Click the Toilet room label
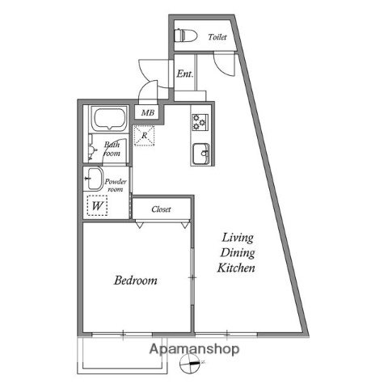pyautogui.click(x=216, y=37)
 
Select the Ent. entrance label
pyautogui.click(x=184, y=74)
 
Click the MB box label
pyautogui.click(x=147, y=112)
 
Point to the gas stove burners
pyautogui.click(x=200, y=123)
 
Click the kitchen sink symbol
pyautogui.click(x=200, y=151)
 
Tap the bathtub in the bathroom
pyautogui.click(x=108, y=120)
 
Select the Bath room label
pyautogui.click(x=112, y=149)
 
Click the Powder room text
pyautogui.click(x=115, y=186)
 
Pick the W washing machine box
pyautogui.click(x=96, y=205)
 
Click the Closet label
pyautogui.click(x=162, y=209)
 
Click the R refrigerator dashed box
pyautogui.click(x=144, y=136)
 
